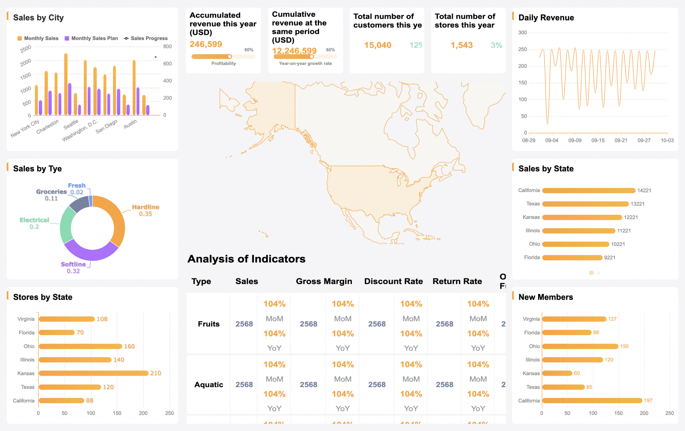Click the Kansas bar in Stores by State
click(93, 373)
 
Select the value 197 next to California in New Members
click(648, 401)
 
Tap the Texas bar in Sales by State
click(585, 204)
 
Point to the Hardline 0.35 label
click(145, 210)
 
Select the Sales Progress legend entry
click(146, 38)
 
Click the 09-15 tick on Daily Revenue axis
click(598, 141)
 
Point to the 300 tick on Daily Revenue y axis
click(522, 32)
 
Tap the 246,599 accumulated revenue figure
click(206, 44)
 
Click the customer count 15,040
click(378, 45)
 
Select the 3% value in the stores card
click(496, 45)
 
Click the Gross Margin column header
click(324, 281)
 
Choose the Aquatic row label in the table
click(209, 385)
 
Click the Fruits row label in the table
click(209, 324)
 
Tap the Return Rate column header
click(457, 281)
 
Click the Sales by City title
click(38, 18)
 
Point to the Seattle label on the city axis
click(71, 124)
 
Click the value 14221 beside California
click(644, 190)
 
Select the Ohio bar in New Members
click(580, 346)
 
